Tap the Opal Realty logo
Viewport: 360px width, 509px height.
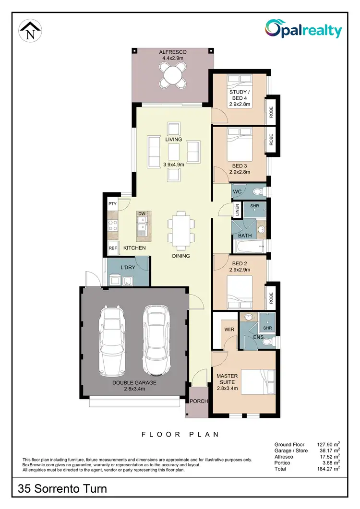coord(303,29)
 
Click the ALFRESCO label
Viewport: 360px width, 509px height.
coord(173,52)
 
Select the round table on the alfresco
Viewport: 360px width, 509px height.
coord(173,75)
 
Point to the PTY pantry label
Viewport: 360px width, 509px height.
coord(113,204)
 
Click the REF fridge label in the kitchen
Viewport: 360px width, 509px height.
coord(113,248)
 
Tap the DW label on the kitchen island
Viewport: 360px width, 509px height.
coord(142,214)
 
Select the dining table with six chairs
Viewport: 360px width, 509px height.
coord(181,230)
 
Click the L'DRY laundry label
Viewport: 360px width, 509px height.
coord(128,267)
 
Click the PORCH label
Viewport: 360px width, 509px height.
coord(199,401)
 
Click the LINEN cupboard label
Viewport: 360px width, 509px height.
coord(237,210)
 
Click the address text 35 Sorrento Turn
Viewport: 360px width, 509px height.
coord(62,489)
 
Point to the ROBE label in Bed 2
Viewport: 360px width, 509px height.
coord(271,298)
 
